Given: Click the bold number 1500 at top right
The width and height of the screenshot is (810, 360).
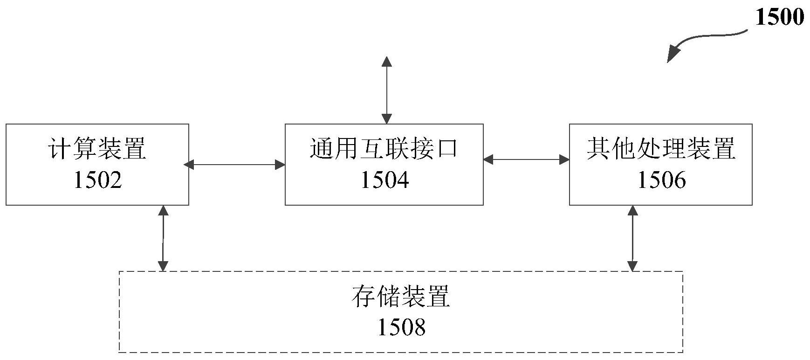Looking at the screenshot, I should [x=779, y=18].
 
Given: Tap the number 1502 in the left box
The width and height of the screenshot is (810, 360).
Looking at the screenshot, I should [x=98, y=180].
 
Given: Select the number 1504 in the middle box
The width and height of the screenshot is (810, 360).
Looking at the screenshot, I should [x=384, y=180].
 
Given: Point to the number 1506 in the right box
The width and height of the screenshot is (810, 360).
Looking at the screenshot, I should [x=661, y=180].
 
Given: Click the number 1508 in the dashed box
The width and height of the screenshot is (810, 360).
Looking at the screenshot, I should [x=401, y=327].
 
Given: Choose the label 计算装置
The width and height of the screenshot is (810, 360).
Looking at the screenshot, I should [x=97, y=148].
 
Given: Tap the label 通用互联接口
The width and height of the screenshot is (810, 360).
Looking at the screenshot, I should [x=384, y=148].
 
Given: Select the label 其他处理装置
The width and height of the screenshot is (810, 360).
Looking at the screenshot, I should [x=661, y=148].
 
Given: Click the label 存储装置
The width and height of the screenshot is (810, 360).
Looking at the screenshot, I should [x=401, y=297].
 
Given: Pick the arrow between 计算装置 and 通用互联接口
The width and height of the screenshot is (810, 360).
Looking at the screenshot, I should [x=235, y=164].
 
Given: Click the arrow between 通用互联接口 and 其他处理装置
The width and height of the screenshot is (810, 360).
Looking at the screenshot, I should [x=526, y=160].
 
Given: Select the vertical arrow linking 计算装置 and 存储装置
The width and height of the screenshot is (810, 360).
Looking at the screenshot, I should [x=163, y=238].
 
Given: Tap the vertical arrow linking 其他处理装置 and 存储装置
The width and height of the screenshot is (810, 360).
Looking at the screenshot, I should [x=632, y=238].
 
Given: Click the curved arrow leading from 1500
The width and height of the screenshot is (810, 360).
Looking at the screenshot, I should [x=708, y=38].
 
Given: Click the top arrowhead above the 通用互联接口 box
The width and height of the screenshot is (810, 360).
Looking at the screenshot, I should [x=386, y=61].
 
